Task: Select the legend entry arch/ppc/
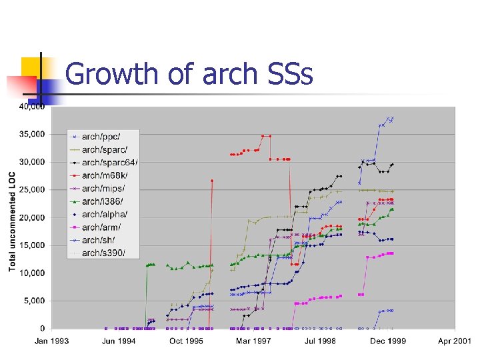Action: [101, 137]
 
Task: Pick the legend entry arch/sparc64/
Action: [106, 162]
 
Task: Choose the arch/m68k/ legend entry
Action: [104, 175]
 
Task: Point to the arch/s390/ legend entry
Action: [103, 253]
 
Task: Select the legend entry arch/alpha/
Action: [104, 214]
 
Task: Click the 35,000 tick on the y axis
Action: [32, 134]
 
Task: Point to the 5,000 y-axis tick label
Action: [34, 301]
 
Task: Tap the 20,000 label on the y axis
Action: [32, 217]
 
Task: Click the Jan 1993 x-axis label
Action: [52, 341]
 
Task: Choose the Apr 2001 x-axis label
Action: [454, 341]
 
